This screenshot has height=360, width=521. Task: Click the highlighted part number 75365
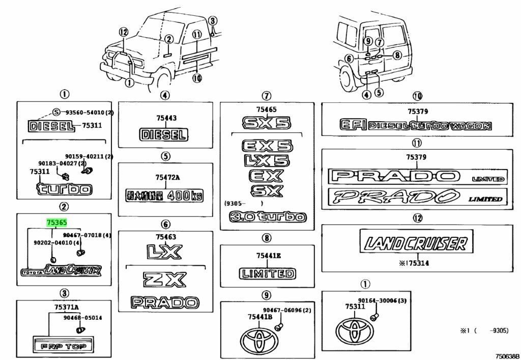tap(56, 222)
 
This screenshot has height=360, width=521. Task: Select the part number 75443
tap(166, 118)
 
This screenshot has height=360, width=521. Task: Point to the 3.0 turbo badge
tap(268, 217)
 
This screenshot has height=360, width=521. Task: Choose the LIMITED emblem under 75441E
tap(267, 273)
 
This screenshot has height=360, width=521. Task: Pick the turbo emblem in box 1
tap(64, 190)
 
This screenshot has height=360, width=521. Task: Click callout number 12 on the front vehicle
tap(122, 32)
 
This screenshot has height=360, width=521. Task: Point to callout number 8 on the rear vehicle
tap(396, 55)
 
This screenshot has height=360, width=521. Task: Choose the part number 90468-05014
tap(83, 318)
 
